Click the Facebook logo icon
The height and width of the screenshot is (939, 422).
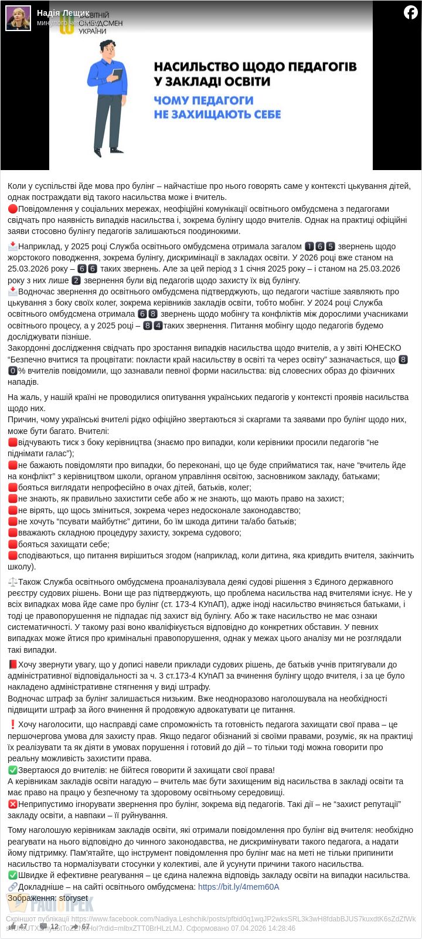411,12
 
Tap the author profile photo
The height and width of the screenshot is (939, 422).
18,18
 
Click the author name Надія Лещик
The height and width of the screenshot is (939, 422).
63,12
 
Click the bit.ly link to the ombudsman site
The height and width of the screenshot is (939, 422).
239,887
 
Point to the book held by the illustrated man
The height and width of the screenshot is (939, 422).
117,74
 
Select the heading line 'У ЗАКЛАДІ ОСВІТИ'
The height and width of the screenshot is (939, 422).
212,82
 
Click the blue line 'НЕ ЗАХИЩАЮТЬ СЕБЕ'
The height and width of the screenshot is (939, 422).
217,114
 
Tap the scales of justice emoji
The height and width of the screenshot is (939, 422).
13,582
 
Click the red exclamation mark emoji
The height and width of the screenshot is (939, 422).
13,725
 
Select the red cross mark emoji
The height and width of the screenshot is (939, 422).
13,804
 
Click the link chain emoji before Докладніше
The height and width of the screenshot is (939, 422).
13,887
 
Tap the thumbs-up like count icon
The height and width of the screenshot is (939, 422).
12,927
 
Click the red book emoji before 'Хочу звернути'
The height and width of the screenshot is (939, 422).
13,665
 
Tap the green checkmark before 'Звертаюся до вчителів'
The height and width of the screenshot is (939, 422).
13,770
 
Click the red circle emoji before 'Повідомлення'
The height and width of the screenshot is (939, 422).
13,209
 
